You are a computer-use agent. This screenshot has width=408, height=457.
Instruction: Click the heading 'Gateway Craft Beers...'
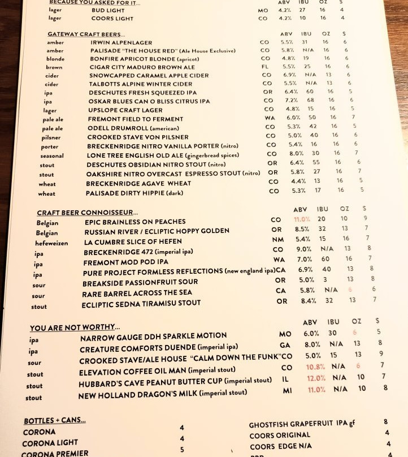(86, 34)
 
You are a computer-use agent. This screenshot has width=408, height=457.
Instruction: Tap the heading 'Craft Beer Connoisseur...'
(87, 213)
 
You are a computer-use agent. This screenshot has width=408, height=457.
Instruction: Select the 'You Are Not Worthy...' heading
(74, 327)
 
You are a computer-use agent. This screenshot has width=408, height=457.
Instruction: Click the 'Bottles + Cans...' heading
(55, 421)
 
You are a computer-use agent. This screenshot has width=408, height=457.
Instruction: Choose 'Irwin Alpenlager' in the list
(121, 42)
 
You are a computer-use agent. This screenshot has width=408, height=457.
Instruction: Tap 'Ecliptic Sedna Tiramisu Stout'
(141, 304)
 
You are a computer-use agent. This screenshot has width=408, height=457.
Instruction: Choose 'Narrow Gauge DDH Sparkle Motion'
(145, 336)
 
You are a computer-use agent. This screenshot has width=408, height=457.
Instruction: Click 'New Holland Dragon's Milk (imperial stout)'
(163, 394)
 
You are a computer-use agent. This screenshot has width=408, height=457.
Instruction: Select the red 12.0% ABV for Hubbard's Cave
(317, 378)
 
